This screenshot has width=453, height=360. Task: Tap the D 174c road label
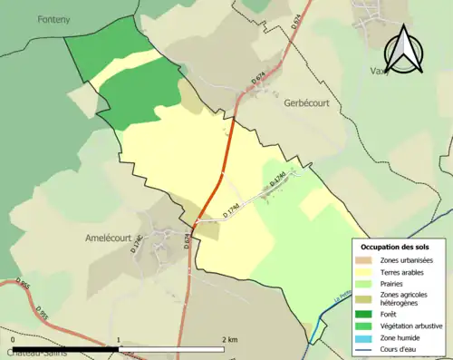(139, 244)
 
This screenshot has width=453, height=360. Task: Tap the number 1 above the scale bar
(119, 339)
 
